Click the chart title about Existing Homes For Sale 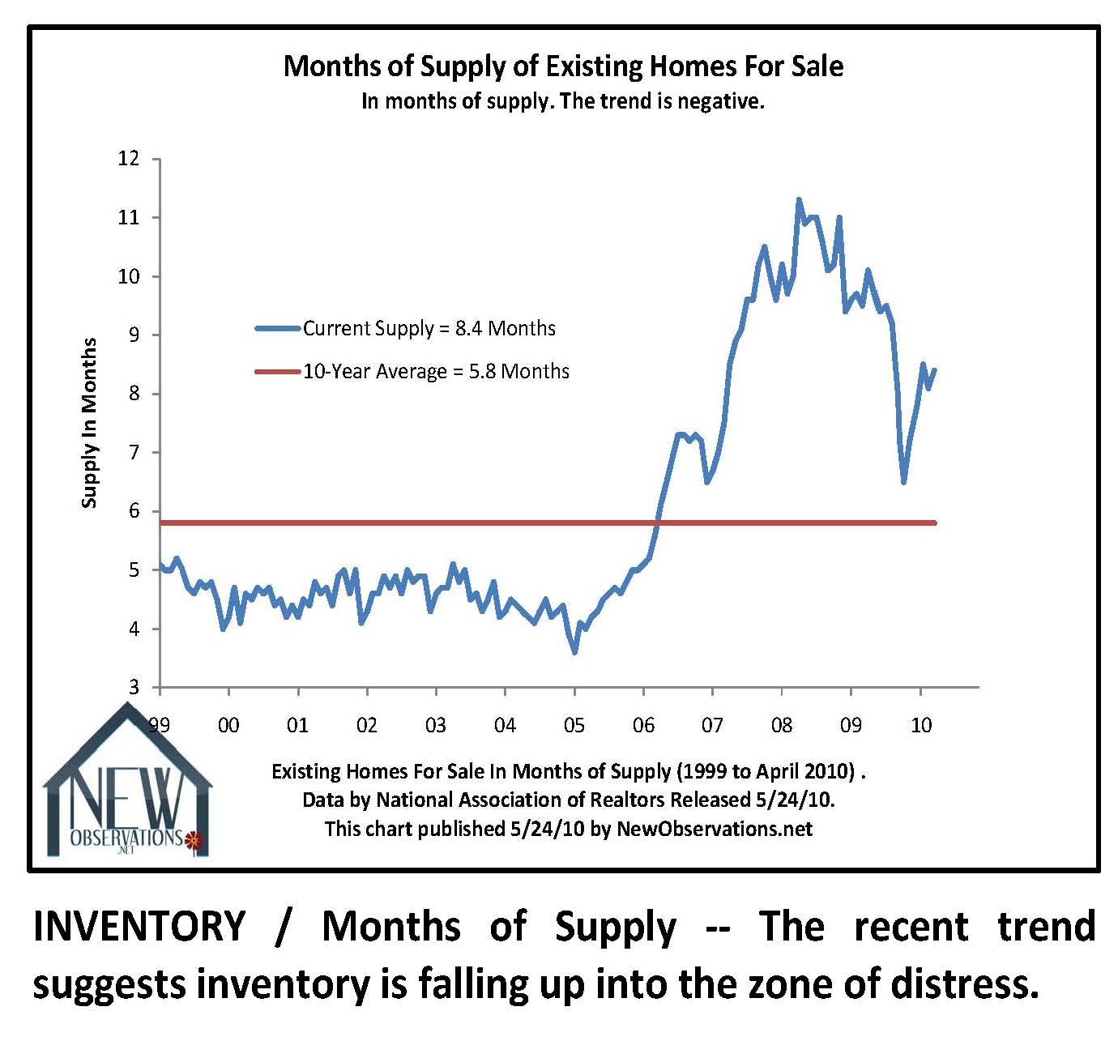click(x=563, y=66)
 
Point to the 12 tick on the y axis click(x=129, y=159)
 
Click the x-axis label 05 click(x=574, y=724)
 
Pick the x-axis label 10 click(x=920, y=724)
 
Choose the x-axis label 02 click(x=367, y=724)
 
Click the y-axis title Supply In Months click(x=89, y=423)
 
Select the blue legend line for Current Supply click(x=278, y=328)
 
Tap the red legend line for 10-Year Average click(x=278, y=372)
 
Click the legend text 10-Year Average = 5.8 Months click(x=436, y=372)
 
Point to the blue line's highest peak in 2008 click(x=799, y=199)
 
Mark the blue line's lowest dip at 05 click(x=574, y=652)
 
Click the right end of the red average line click(x=935, y=523)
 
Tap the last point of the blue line click(x=935, y=370)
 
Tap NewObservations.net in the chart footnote click(x=715, y=829)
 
